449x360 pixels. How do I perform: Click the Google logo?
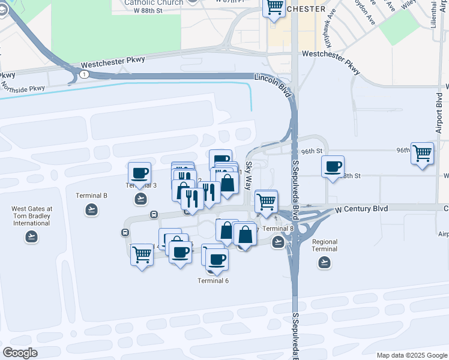(20, 353)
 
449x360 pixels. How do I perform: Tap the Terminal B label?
(91, 196)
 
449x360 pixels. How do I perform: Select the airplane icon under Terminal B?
(91, 209)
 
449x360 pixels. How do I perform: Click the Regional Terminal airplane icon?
(324, 262)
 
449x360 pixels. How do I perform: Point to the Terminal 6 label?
(214, 281)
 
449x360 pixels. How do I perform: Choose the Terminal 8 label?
(278, 229)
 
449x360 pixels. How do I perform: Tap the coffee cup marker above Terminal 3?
(140, 173)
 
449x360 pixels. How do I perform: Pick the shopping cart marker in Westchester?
(274, 8)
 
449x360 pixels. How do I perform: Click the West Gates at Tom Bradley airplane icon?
(32, 236)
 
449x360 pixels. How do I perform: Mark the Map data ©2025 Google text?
(411, 355)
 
